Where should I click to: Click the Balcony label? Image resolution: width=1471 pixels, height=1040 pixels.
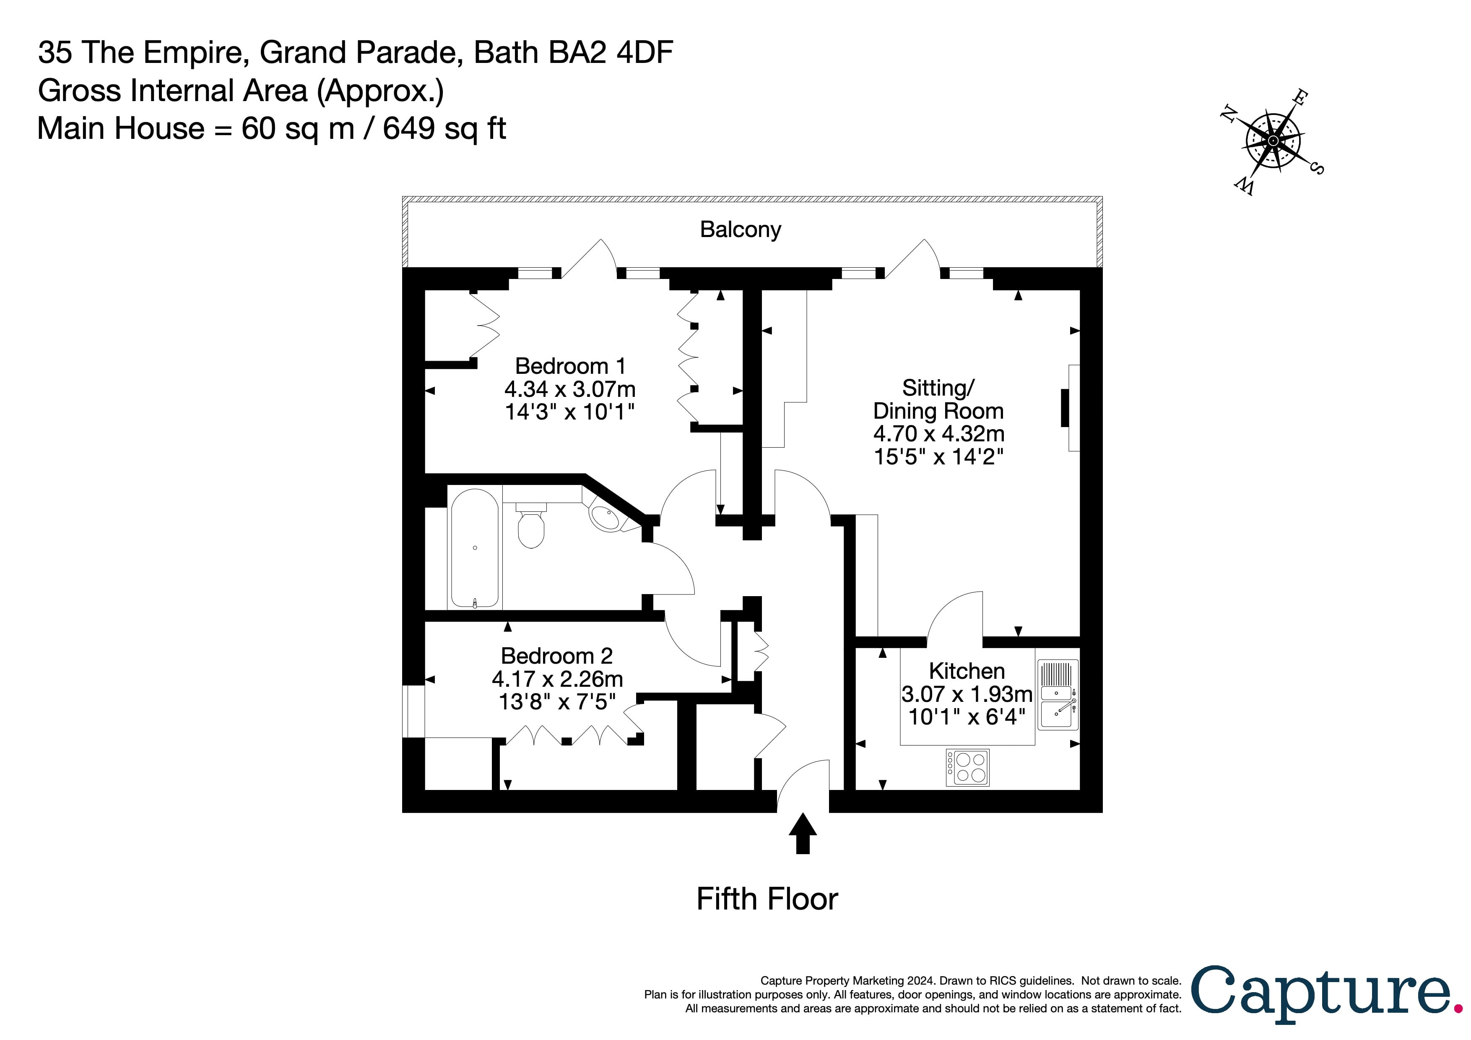(x=740, y=229)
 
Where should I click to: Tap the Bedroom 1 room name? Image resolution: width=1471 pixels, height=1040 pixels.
(x=569, y=366)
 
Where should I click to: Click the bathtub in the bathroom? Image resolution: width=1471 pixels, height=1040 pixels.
(x=475, y=548)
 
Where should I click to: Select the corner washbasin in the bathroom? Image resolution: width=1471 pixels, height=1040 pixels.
(x=605, y=517)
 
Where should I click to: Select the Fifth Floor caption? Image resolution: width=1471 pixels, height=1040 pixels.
(x=767, y=899)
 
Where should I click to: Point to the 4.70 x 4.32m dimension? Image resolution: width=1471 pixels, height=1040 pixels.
(x=938, y=434)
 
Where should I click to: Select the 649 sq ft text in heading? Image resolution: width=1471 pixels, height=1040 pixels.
(x=444, y=128)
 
